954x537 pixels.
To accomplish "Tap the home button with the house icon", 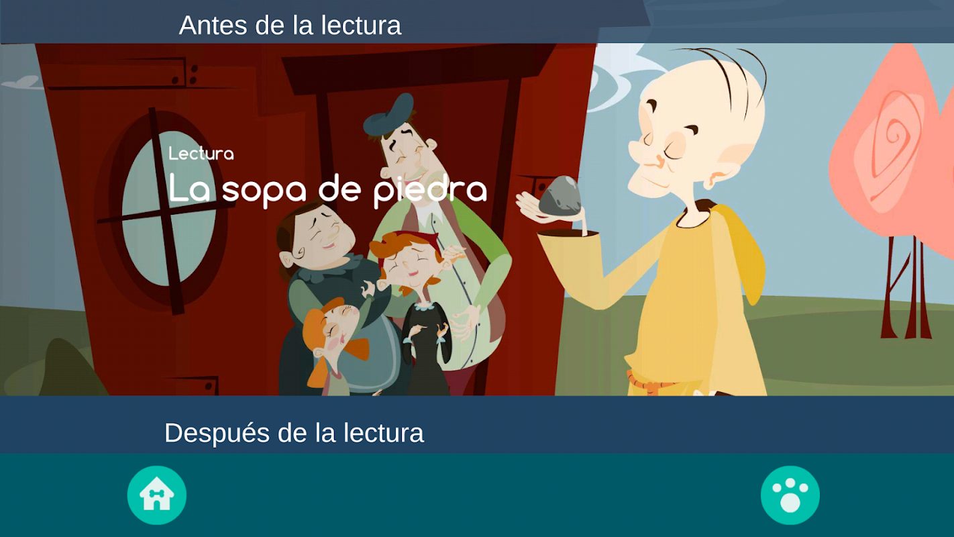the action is (157, 495).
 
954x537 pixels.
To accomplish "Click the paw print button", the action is (790, 495).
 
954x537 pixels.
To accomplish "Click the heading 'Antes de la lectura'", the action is (290, 25).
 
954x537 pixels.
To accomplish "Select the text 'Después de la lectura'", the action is (295, 433).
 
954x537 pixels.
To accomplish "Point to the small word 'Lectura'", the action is (201, 154).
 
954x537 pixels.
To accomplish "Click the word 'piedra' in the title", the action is (430, 190).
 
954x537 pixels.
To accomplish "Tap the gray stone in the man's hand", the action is (560, 197).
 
